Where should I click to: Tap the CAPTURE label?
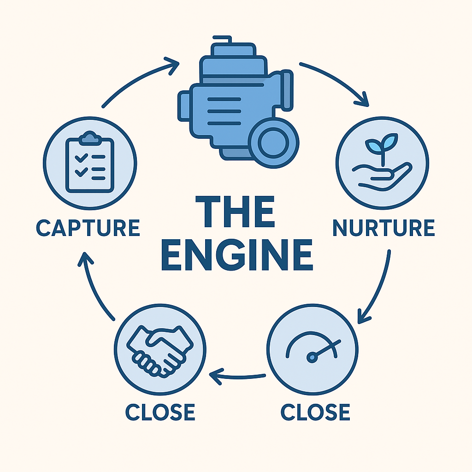[88, 228]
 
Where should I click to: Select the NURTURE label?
[383, 228]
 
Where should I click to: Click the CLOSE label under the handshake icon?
[160, 412]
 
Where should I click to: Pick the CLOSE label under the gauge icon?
[315, 412]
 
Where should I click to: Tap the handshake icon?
[160, 350]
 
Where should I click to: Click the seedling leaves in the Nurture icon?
[381, 142]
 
